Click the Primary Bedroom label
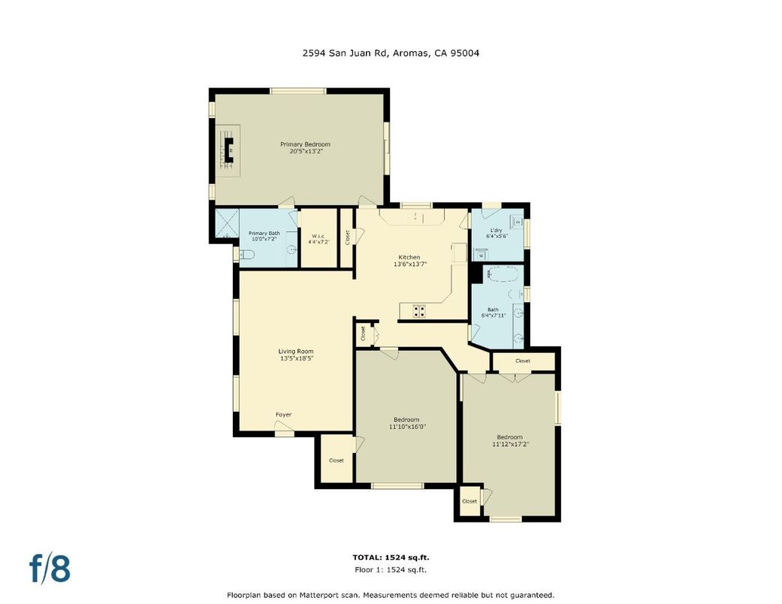[305, 144]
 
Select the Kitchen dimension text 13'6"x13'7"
[409, 264]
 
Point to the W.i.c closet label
[319, 236]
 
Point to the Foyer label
[283, 415]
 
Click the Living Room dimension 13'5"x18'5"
[295, 358]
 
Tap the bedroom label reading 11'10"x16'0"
[406, 427]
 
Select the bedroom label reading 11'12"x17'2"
[509, 444]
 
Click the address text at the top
[391, 53]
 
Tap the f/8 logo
[50, 569]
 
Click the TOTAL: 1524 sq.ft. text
[391, 557]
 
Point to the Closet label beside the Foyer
[336, 461]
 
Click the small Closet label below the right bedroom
[470, 501]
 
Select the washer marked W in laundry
[481, 255]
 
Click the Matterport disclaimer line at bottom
[391, 594]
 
